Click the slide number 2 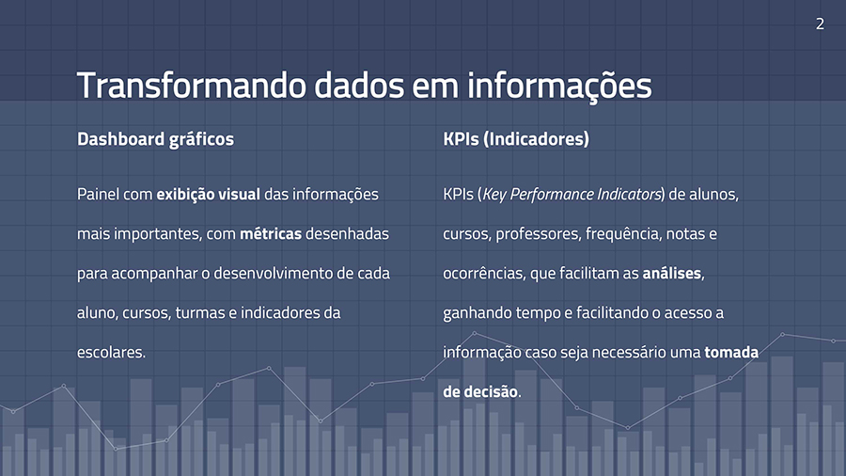820,24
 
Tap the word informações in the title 559,87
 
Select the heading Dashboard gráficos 155,139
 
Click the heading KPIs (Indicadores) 516,139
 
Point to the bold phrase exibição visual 209,195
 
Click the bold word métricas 271,233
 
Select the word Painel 98,194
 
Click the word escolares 111,352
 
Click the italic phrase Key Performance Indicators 572,195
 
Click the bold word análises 672,273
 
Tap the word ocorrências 484,274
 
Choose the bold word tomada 731,352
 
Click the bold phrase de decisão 480,391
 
